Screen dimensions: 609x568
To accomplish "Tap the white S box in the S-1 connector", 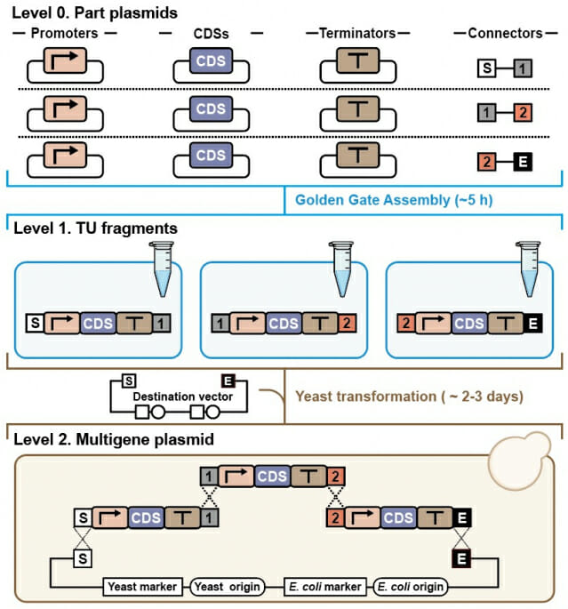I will [488, 68].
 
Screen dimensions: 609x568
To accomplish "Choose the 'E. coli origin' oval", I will [411, 587].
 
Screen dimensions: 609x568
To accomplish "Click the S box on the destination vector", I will [129, 381].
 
